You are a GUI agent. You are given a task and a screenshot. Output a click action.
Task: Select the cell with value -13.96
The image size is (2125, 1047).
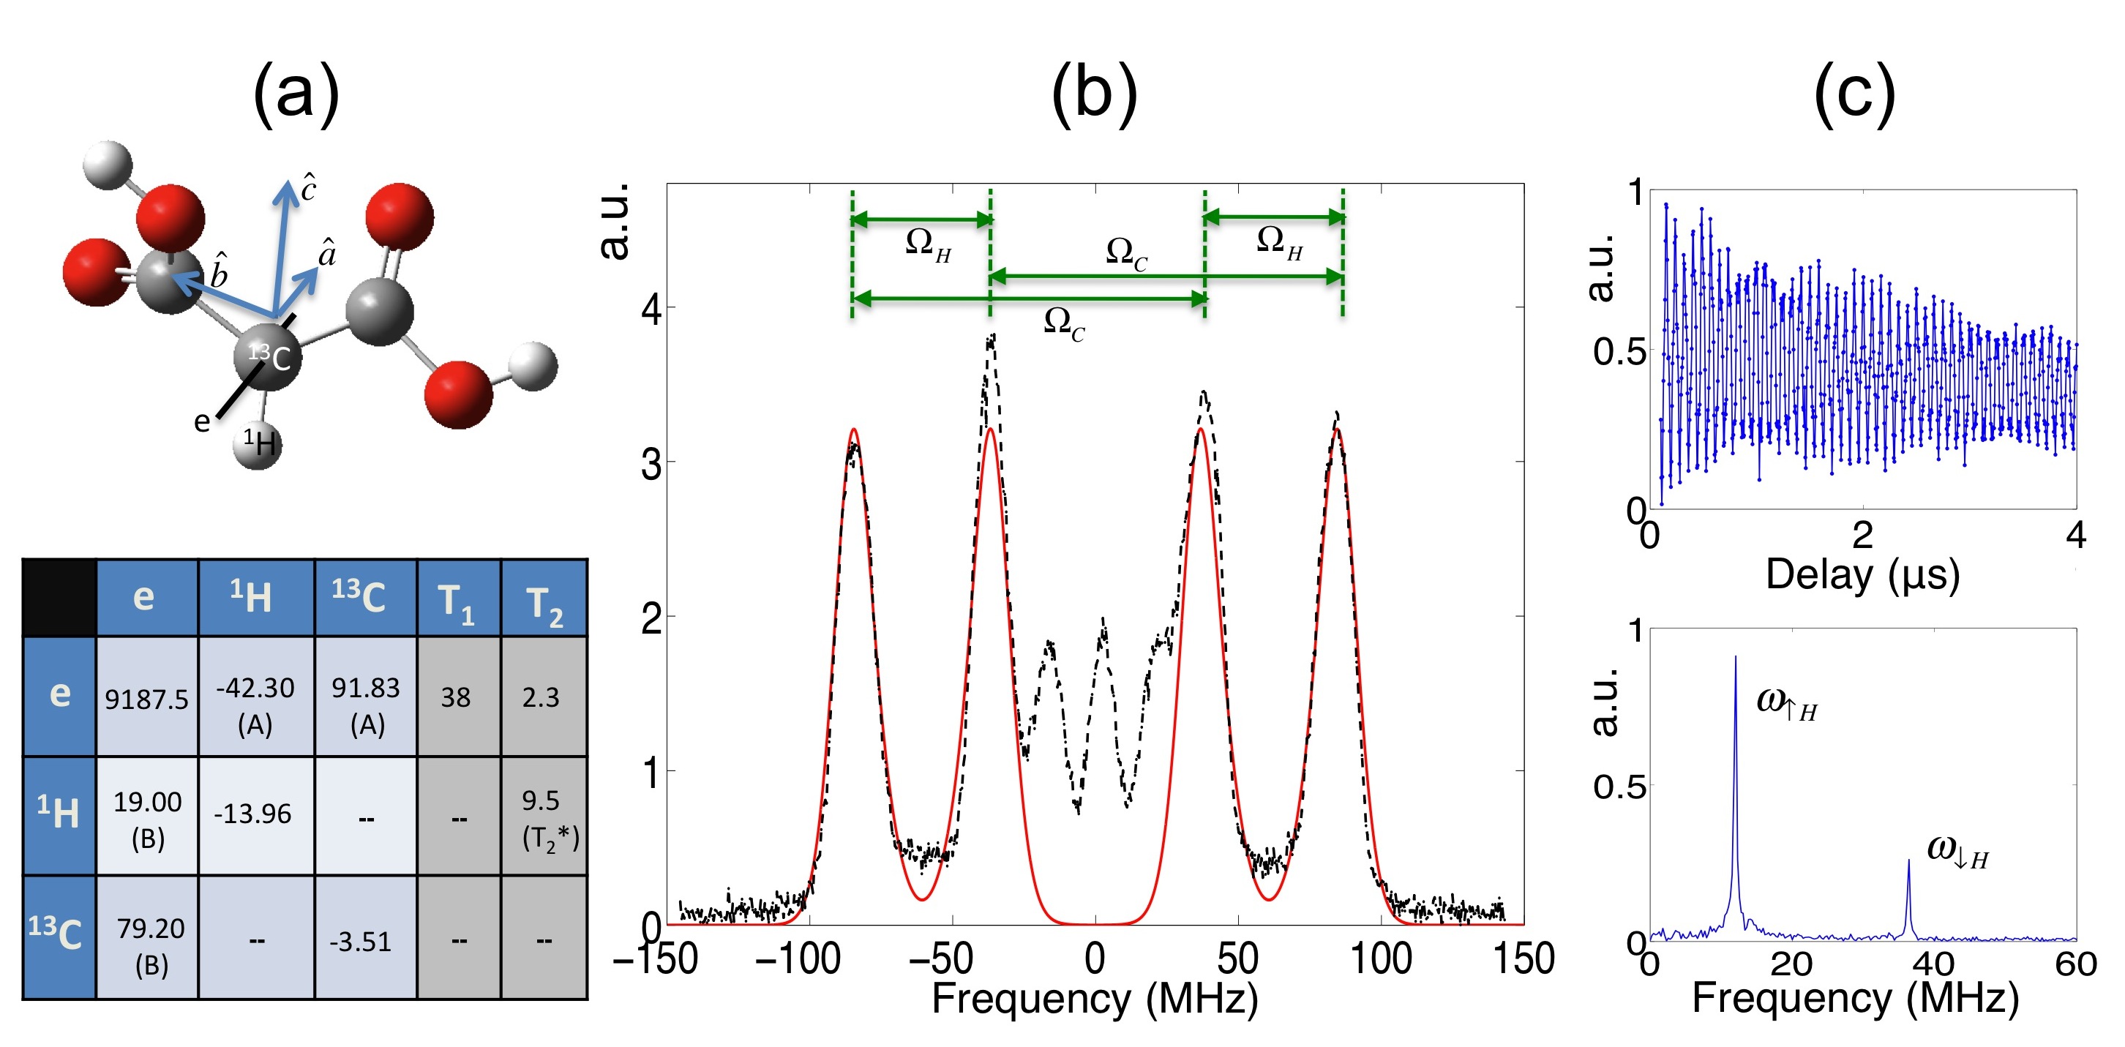252,814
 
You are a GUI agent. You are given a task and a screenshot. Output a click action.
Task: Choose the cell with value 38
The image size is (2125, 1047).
455,698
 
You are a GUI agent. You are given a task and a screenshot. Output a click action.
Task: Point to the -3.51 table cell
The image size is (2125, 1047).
361,942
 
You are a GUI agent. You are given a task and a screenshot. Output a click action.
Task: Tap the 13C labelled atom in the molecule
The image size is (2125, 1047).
268,356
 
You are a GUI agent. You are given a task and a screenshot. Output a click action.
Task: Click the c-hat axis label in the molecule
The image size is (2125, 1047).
307,188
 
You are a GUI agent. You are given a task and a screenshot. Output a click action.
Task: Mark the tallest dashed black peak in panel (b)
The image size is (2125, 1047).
992,337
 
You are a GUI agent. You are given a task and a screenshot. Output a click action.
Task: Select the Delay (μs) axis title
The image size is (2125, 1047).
1862,574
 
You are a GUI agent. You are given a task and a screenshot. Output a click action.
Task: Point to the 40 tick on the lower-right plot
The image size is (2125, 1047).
1933,963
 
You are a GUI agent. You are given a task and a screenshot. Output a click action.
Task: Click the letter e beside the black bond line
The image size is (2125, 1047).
201,421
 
